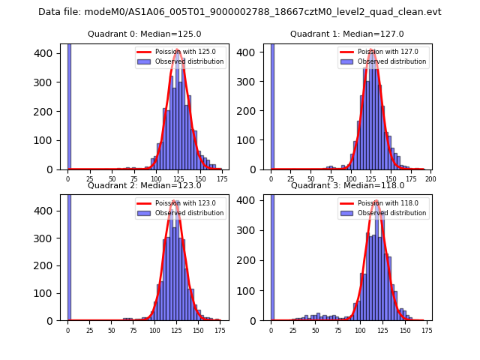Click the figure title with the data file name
(x=240, y=12)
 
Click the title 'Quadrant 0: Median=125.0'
(x=144, y=34)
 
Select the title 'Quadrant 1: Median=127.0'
(x=346, y=34)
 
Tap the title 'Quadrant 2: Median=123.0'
(x=144, y=185)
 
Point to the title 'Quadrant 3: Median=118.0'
(x=346, y=185)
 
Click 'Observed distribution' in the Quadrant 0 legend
(x=189, y=61)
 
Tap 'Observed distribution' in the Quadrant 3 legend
(x=391, y=213)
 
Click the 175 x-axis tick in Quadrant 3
(x=427, y=330)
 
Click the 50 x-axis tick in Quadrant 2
(x=112, y=330)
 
